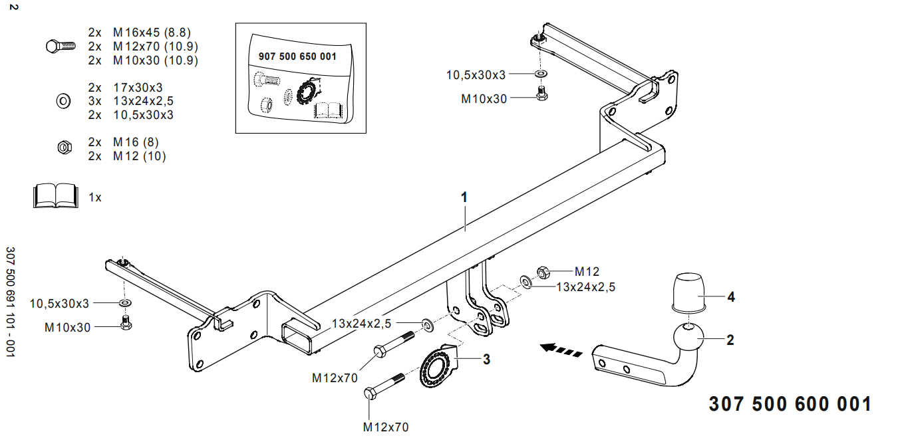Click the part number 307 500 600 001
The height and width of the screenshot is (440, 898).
tap(790, 405)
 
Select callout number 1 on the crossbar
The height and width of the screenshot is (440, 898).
tap(464, 197)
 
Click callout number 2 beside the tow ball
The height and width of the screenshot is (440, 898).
tap(730, 340)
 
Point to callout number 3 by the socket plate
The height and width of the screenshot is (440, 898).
tap(486, 360)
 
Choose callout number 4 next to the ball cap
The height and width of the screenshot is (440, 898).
tap(731, 297)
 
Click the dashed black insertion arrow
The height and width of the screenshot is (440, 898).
tap(562, 348)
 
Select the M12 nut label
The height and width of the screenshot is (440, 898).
tap(587, 271)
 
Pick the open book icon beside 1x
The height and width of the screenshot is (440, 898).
tap(55, 197)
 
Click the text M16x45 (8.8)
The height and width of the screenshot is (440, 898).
tap(152, 33)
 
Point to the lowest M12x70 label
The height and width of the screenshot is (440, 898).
tap(386, 427)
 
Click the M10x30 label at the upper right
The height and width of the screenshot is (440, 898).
tap(484, 98)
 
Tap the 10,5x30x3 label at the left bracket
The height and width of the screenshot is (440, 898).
tap(59, 304)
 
